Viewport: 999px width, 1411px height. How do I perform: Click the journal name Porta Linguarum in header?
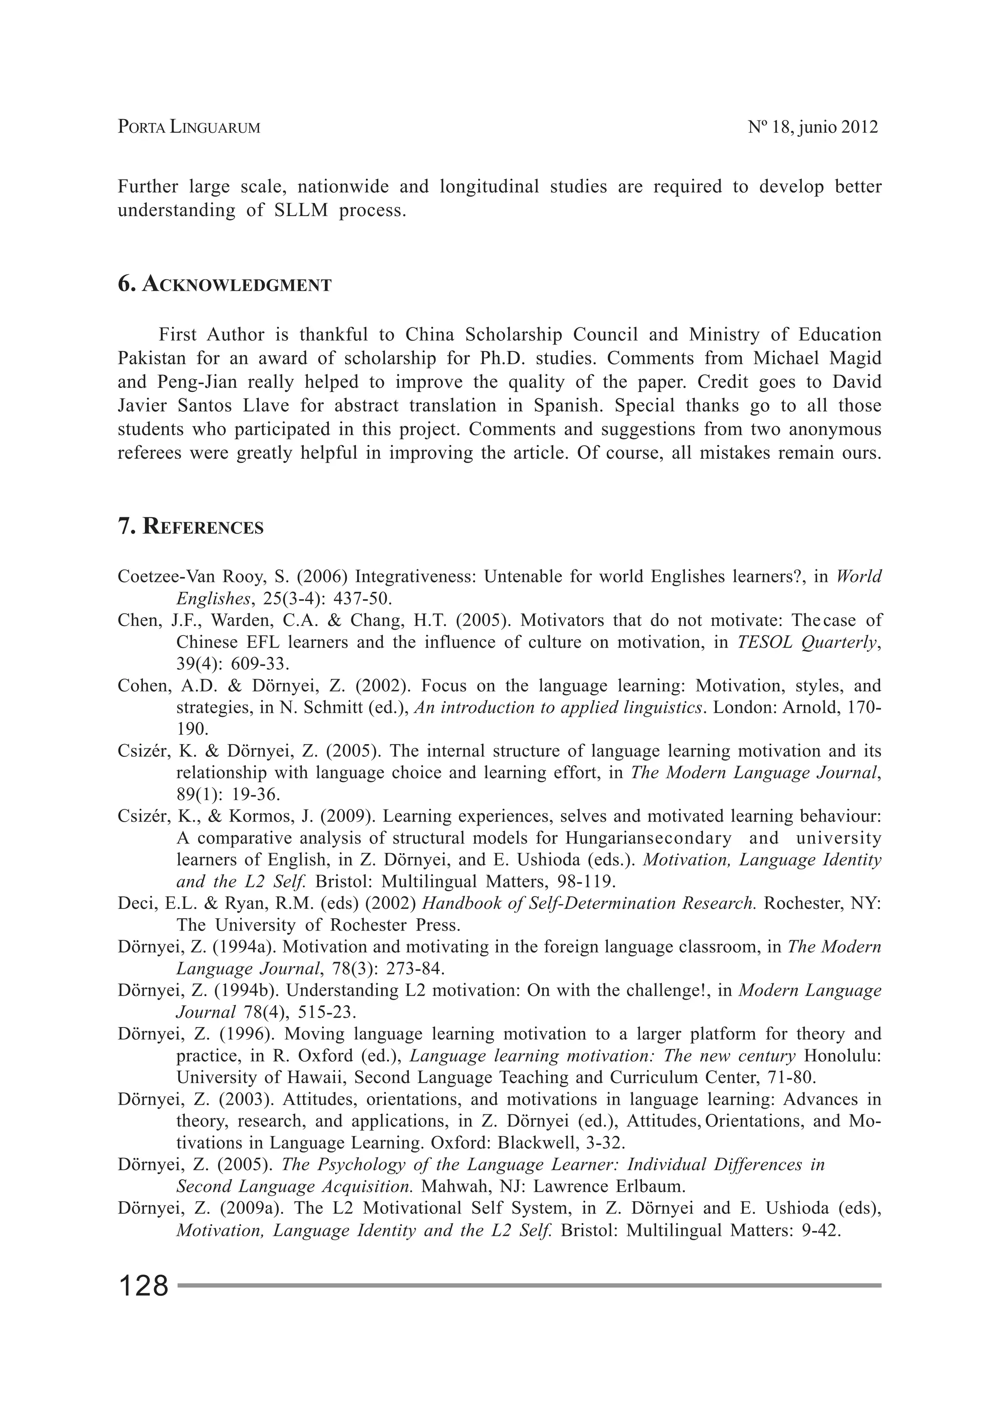(189, 127)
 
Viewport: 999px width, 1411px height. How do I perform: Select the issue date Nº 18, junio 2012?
(812, 127)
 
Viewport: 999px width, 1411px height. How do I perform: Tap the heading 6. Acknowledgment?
(224, 284)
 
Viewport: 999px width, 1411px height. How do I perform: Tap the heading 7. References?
(191, 527)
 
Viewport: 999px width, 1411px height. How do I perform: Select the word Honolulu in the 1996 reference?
(842, 1056)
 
